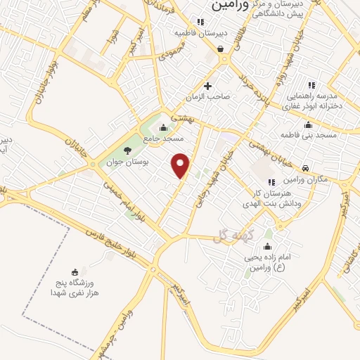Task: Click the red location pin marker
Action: (181, 165)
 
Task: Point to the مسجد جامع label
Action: (163, 139)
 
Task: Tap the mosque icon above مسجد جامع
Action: (164, 127)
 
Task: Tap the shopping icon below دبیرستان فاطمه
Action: (221, 49)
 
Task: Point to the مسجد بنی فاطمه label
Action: (316, 134)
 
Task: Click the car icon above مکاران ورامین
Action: (306, 168)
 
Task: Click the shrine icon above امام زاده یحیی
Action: (266, 247)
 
